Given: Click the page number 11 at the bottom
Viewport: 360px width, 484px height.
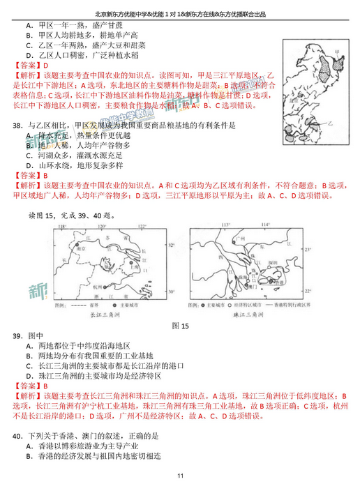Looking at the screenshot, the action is click(180, 476).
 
